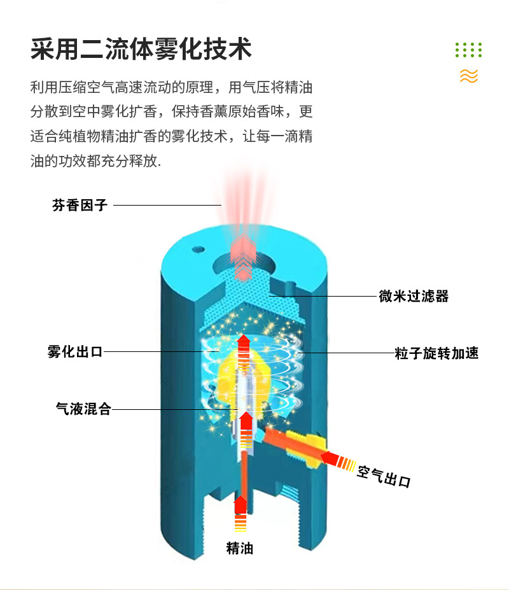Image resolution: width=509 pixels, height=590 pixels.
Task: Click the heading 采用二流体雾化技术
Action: point(141,50)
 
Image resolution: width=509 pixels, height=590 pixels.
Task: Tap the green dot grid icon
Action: point(468,50)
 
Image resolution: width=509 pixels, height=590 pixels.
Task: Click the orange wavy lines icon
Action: point(468,76)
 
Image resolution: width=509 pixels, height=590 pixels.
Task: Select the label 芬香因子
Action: point(80,205)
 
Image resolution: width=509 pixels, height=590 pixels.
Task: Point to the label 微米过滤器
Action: point(414,296)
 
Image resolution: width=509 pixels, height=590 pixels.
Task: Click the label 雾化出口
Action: point(74,351)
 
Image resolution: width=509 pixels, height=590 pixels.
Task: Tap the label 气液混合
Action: point(83,409)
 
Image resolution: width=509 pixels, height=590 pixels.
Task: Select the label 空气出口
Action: point(384,475)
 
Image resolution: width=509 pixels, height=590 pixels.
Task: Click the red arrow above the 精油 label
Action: point(240,509)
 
